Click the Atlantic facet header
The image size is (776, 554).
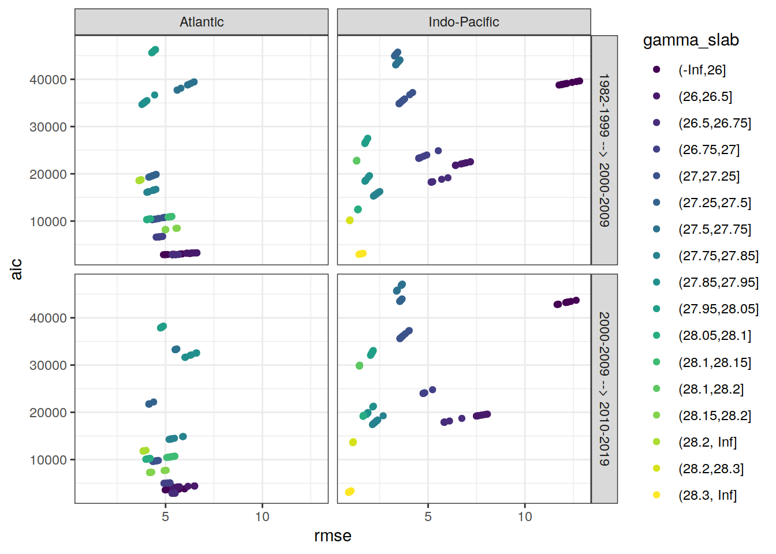tap(202, 22)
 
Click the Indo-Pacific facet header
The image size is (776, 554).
tap(464, 22)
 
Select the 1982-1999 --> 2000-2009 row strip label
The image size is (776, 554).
tap(604, 150)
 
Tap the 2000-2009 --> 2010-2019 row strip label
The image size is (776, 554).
tap(604, 388)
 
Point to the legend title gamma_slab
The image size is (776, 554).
tap(691, 40)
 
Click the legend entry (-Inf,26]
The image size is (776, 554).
tap(702, 70)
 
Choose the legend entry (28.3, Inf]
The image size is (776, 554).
tap(707, 495)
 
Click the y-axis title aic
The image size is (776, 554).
tap(16, 269)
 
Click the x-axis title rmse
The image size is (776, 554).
tap(333, 536)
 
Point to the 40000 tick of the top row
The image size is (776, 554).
tap(48, 80)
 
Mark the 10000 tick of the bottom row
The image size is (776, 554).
tap(48, 460)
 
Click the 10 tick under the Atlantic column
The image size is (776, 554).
tap(262, 516)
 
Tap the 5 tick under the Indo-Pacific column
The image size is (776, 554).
tap(428, 516)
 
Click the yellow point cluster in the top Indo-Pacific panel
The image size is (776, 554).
tap(361, 254)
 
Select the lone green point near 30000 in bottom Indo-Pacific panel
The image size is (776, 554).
tap(359, 365)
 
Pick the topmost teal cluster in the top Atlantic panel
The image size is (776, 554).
tap(154, 51)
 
